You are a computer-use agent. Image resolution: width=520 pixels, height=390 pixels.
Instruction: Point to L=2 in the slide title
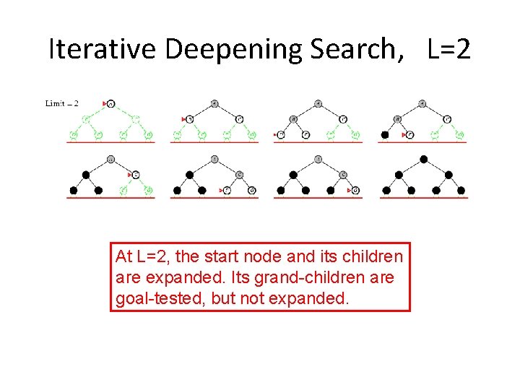pos(449,49)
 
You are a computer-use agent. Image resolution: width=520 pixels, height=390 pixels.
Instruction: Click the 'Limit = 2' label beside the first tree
pos(62,103)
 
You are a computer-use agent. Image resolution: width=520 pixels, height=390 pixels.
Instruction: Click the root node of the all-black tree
pos(423,160)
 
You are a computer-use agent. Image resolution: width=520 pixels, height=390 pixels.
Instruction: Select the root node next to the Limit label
pos(111,103)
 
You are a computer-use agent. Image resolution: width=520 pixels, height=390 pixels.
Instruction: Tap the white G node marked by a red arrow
pos(355,190)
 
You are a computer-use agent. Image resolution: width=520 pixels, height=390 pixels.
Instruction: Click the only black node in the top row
pos(385,134)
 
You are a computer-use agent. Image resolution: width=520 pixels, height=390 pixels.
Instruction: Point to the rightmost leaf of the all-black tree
pos(462,191)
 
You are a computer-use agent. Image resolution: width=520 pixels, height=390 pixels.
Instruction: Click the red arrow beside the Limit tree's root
pos(105,103)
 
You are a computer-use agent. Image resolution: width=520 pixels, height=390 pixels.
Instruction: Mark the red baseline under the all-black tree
pos(423,198)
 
